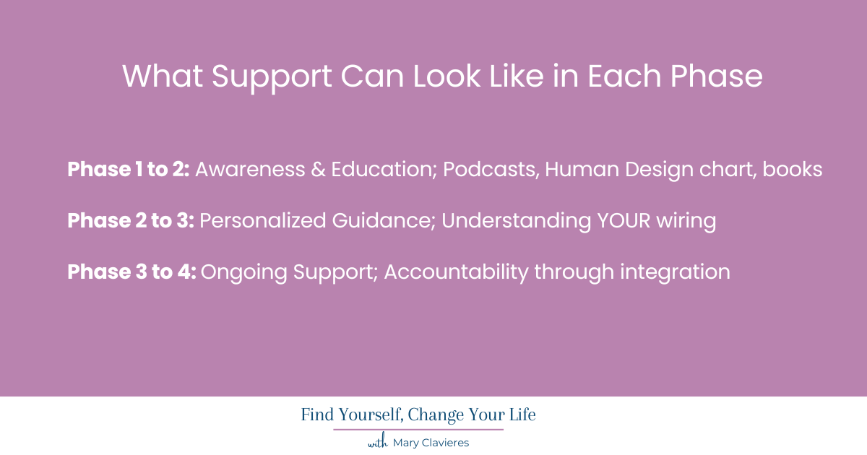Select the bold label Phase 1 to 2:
click(x=128, y=170)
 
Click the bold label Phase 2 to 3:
click(x=130, y=221)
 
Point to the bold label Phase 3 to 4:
click(x=131, y=272)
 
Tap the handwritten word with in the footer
click(x=378, y=443)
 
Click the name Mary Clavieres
click(x=431, y=443)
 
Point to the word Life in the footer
click(x=520, y=415)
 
